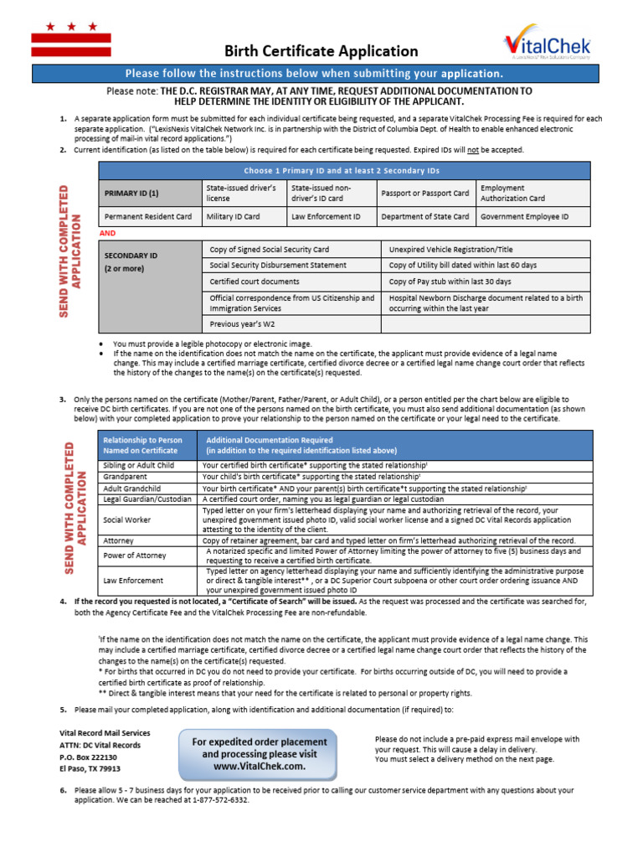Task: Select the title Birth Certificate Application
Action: tap(321, 51)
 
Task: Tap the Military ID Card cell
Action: tap(234, 216)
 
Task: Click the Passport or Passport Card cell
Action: tap(424, 193)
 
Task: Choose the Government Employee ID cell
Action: tap(524, 216)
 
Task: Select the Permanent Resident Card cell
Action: tap(147, 216)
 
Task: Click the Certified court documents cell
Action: tap(254, 282)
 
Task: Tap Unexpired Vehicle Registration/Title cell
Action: tap(451, 250)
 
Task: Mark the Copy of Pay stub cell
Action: tap(450, 282)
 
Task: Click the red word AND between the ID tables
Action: tap(107, 232)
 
